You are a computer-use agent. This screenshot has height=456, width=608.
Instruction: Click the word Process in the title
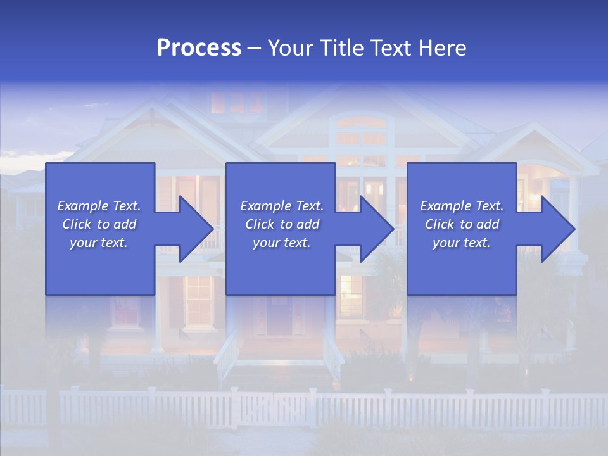[199, 48]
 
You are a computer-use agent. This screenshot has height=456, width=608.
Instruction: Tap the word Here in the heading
[443, 48]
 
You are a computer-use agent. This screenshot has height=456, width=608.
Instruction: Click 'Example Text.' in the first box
[99, 206]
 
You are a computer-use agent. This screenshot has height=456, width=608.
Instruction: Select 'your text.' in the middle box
[282, 243]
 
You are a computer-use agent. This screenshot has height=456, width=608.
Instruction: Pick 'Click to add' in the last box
[462, 224]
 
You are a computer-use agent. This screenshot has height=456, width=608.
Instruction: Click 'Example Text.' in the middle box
[282, 206]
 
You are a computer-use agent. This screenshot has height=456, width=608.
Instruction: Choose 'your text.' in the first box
[99, 243]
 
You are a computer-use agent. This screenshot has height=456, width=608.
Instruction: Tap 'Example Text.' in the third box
[462, 206]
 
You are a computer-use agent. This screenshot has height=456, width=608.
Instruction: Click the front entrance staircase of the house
[279, 358]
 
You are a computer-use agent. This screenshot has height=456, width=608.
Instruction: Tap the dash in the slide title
[255, 49]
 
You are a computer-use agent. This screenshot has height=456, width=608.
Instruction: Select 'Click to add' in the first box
[99, 224]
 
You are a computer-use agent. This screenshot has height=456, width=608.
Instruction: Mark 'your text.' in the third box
[462, 243]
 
